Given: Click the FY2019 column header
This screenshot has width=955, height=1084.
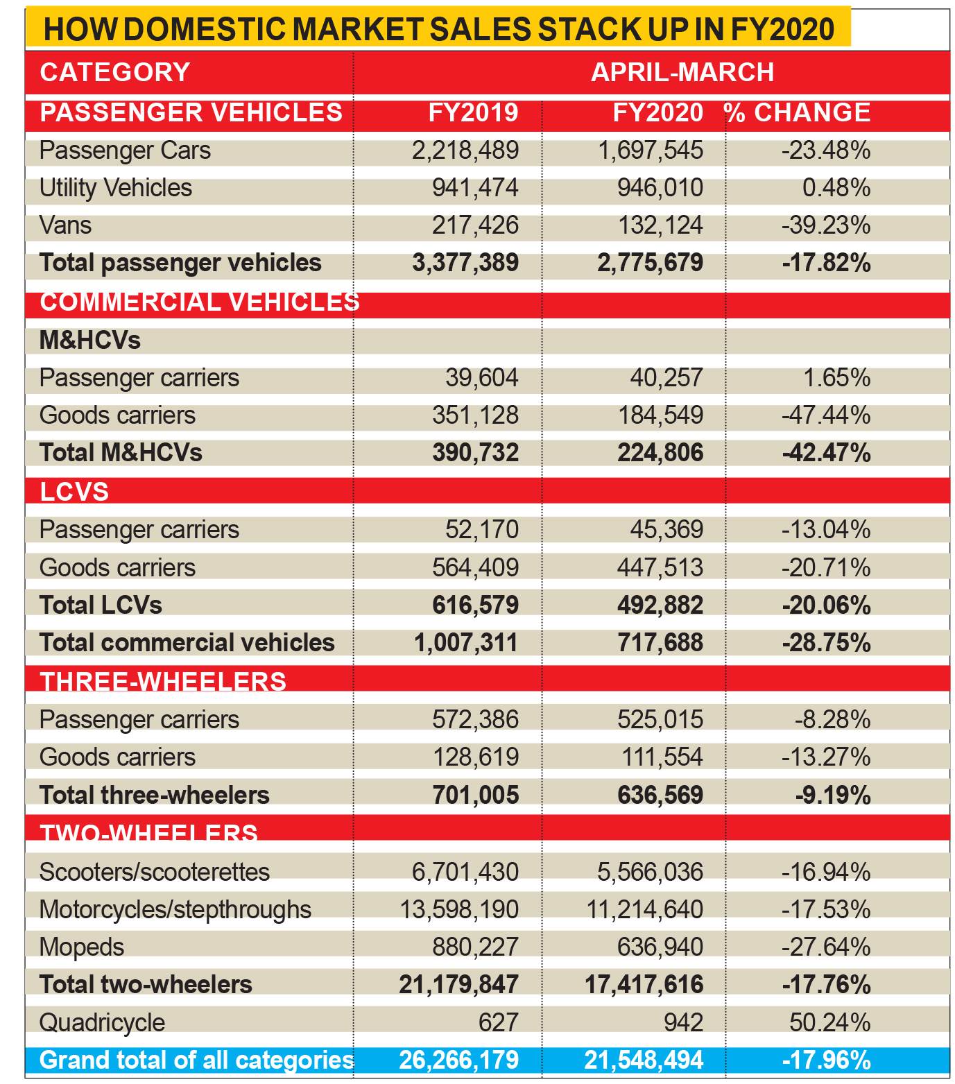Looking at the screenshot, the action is click(x=473, y=112).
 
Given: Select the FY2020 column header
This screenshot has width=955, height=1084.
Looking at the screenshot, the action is click(x=658, y=112).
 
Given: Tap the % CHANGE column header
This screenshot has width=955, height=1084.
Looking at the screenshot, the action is click(x=798, y=112).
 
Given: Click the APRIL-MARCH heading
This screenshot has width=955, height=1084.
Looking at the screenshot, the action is click(x=682, y=72).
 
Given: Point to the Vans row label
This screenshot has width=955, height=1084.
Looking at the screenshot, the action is click(x=65, y=225).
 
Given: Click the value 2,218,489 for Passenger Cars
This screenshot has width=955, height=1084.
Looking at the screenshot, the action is click(x=465, y=150).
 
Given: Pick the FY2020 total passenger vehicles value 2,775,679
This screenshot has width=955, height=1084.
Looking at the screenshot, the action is click(x=651, y=263).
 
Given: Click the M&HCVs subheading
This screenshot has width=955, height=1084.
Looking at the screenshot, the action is click(x=90, y=340).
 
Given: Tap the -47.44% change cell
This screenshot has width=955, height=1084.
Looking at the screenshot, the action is click(x=826, y=415).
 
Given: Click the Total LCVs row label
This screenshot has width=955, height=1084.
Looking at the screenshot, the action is click(x=101, y=605).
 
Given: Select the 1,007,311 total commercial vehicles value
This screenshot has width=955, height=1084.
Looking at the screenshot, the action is click(x=466, y=643).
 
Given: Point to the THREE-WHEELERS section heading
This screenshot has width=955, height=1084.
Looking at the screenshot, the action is click(x=163, y=682).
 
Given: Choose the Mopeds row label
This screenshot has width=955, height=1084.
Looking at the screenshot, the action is click(x=82, y=947).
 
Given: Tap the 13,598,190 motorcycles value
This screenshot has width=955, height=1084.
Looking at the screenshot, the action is click(x=459, y=910).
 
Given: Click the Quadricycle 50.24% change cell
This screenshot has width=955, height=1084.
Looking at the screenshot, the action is click(x=830, y=1022).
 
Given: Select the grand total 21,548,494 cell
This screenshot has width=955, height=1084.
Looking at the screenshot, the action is click(x=644, y=1060).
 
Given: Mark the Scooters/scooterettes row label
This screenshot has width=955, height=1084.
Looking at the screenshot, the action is click(x=155, y=872).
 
